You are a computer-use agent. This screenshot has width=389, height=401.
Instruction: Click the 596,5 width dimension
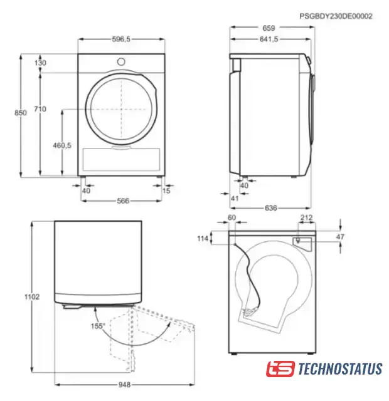click(121, 39)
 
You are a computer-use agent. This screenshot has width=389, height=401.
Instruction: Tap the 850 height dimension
click(20, 113)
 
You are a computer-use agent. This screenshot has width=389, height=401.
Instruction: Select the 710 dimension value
click(40, 109)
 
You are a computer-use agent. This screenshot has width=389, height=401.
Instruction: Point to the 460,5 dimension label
click(62, 145)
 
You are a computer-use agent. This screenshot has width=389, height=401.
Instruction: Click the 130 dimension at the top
click(40, 63)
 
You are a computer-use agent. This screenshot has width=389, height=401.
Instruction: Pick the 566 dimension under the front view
click(123, 201)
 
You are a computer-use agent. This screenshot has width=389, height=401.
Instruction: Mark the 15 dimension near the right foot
click(166, 190)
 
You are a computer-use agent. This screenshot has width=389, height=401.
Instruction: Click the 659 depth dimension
click(269, 28)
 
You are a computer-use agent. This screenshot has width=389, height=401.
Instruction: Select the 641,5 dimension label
click(269, 39)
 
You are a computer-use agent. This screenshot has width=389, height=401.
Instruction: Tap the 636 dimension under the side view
click(270, 208)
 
